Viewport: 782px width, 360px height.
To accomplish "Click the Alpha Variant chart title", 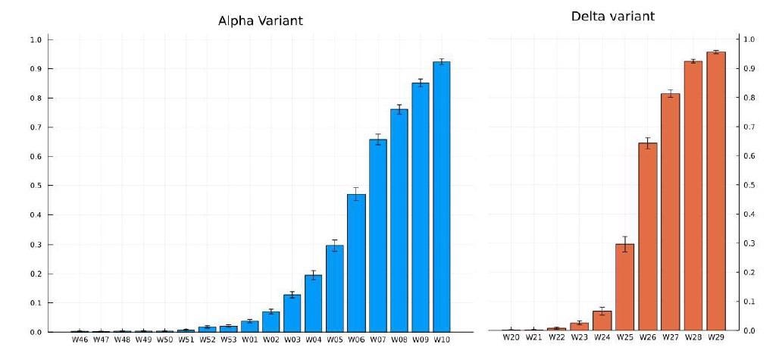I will tap(260, 20).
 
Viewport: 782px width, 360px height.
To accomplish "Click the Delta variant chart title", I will tap(613, 16).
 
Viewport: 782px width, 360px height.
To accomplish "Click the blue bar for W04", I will tap(314, 303).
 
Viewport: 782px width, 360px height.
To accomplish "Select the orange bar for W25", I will tap(624, 287).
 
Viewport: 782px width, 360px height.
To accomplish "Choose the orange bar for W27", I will tap(671, 212).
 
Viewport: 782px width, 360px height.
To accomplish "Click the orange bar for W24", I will tap(602, 321).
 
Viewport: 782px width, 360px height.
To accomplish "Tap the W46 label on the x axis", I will tap(80, 340).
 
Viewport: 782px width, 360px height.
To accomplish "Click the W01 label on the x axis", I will tap(250, 340).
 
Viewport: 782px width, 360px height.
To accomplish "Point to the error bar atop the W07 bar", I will tap(377, 139).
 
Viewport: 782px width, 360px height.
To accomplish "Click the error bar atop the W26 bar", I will tap(648, 143).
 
